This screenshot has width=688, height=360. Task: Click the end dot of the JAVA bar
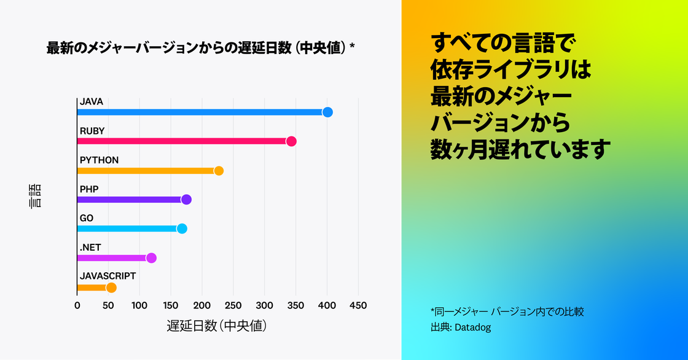pos(327,112)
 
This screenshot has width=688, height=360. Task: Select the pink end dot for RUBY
pos(291,141)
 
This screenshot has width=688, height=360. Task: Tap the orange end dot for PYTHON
pos(218,171)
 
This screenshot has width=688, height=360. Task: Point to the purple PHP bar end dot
pos(186,200)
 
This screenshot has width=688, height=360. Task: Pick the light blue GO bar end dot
pos(182,229)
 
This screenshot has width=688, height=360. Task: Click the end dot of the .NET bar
pos(151,258)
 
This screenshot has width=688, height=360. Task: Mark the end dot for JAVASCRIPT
pos(111,288)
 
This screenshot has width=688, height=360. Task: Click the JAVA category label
pos(92,101)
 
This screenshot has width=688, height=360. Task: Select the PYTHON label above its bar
pos(99,160)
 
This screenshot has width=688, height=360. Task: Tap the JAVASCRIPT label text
pos(107,276)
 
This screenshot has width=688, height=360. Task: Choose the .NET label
pos(90,248)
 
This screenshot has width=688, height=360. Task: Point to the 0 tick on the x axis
pos(77,306)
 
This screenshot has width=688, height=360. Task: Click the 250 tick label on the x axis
pos(233,306)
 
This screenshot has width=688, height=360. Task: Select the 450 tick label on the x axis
pos(358,306)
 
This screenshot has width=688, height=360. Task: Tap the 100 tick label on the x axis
pos(139,306)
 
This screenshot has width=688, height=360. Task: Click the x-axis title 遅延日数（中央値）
pos(216,326)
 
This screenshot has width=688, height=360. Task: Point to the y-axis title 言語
pos(36,195)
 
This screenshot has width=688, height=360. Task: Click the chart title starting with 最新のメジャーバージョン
pos(200,49)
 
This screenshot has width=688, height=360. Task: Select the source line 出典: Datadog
pos(461,327)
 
